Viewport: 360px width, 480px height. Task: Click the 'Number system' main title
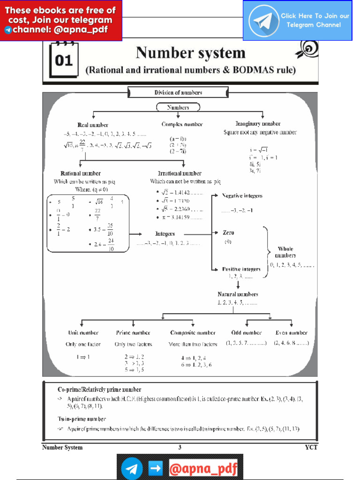click(x=190, y=53)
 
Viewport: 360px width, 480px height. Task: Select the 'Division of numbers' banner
click(x=178, y=92)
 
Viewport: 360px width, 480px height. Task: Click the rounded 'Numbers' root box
click(x=178, y=107)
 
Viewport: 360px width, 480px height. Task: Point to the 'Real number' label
click(x=93, y=125)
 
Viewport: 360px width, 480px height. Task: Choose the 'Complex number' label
click(x=182, y=125)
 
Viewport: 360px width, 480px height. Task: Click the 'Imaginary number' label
click(x=258, y=124)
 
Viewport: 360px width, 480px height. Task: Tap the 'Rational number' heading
click(x=81, y=173)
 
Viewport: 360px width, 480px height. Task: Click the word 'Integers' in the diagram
click(x=165, y=233)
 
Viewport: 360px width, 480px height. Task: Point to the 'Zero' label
click(x=228, y=233)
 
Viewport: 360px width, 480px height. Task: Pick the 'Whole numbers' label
click(x=285, y=252)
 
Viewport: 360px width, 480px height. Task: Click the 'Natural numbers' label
click(x=238, y=294)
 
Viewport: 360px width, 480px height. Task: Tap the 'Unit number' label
click(x=83, y=333)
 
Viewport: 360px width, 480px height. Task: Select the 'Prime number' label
click(x=133, y=333)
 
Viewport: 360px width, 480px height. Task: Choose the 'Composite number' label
click(x=193, y=333)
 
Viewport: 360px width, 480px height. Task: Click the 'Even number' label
click(x=291, y=333)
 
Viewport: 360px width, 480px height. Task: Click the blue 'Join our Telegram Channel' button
click(x=297, y=21)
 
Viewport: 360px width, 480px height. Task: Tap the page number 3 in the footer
click(x=180, y=447)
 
